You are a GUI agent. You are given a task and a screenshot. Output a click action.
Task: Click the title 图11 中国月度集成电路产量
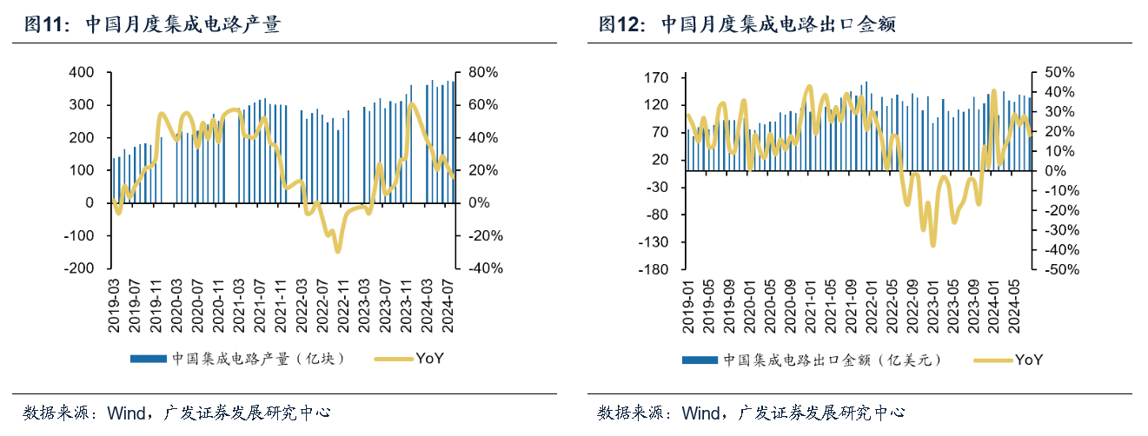152,25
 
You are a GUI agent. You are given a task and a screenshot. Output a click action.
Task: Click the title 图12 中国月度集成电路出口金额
747,25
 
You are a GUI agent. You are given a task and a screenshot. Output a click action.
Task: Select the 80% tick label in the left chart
482,72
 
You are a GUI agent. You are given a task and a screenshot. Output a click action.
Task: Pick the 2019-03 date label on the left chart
115,305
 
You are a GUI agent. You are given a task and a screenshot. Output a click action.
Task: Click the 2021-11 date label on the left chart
282,305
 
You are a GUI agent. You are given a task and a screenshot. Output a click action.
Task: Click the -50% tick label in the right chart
1054,269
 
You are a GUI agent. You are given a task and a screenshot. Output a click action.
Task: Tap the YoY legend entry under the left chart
408,359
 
